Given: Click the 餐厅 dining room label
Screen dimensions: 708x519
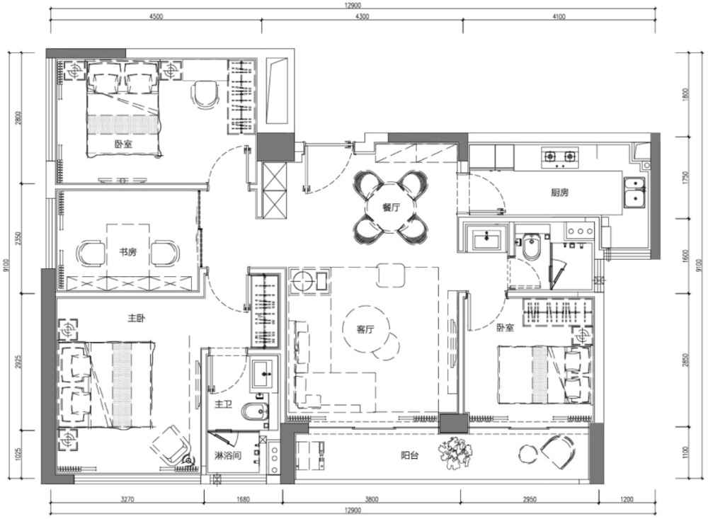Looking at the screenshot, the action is (x=391, y=207).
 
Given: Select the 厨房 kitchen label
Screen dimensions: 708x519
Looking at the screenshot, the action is (x=559, y=193).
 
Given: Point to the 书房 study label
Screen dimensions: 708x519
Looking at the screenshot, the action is (x=127, y=252).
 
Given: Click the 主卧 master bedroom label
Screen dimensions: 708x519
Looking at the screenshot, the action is (x=136, y=319).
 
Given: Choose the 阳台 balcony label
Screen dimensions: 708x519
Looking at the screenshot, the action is (x=409, y=455).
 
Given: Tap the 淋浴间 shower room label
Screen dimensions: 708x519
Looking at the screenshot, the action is (x=227, y=455).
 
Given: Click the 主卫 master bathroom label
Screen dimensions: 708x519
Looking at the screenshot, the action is (x=224, y=404).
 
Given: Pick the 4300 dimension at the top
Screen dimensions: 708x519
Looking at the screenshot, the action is (x=362, y=17).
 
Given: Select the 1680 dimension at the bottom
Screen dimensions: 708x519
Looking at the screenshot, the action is (x=242, y=499).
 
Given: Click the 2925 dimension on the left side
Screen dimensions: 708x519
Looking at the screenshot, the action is (x=18, y=361).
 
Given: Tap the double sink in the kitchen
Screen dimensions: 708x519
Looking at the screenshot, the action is (x=634, y=191).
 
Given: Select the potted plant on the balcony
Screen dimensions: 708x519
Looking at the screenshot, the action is (x=455, y=452).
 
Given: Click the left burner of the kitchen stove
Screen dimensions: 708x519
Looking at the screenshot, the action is (x=550, y=156).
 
